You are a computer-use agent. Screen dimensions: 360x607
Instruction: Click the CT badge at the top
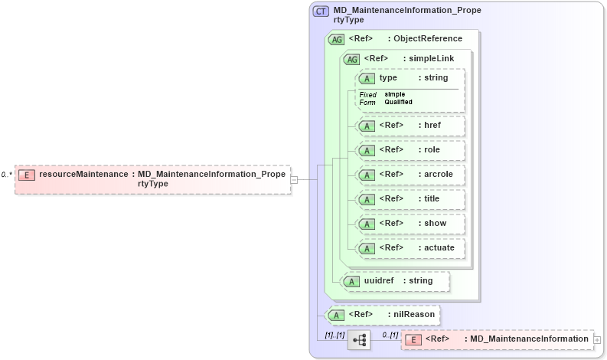click(321, 11)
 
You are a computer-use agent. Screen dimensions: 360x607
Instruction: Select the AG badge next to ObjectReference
click(336, 39)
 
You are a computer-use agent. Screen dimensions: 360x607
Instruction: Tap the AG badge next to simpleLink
click(351, 59)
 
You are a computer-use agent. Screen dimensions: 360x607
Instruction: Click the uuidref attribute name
click(379, 281)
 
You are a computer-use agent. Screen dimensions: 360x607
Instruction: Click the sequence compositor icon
click(358, 339)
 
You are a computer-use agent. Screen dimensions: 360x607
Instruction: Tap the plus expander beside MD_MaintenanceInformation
click(598, 339)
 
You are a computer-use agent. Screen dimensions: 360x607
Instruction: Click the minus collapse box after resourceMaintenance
click(294, 179)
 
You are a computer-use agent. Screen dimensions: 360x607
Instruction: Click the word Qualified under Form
click(398, 102)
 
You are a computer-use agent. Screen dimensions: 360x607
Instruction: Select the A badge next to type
click(367, 79)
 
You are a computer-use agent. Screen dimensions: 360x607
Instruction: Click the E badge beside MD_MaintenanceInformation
click(413, 339)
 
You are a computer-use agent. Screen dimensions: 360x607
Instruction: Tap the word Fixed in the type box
click(368, 94)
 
